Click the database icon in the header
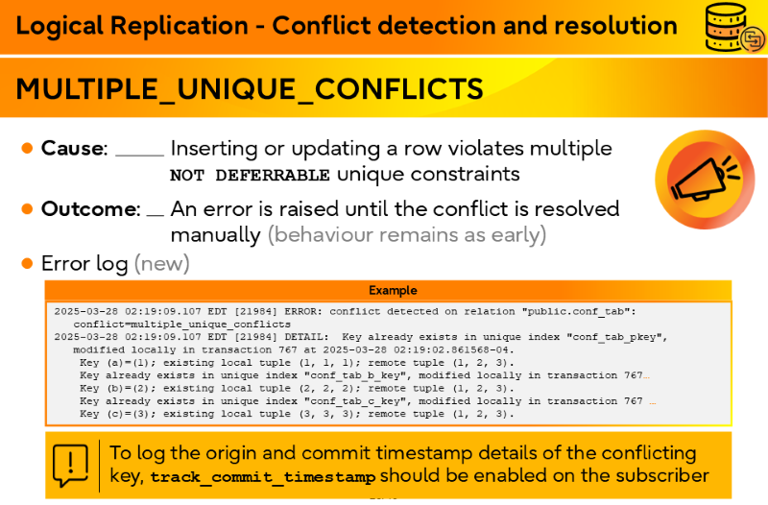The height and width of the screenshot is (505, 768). coord(734,27)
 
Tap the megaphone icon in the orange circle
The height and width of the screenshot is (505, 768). coord(706,179)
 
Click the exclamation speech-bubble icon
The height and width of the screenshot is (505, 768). coord(70,466)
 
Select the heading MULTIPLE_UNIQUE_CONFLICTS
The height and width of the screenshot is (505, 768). coord(250,88)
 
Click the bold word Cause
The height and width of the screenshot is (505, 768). coord(73,148)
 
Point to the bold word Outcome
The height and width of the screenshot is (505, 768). coord(89,209)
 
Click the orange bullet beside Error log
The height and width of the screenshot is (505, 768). coord(28,263)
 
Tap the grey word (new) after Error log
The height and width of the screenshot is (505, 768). coord(162,263)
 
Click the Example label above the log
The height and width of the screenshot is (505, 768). coord(393,291)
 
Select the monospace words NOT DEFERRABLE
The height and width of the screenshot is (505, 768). coord(250,176)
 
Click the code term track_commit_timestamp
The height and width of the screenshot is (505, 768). coord(263,477)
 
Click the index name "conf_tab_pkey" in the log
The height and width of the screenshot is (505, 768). coord(619,337)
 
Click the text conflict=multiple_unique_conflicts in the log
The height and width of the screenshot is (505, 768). coord(181,325)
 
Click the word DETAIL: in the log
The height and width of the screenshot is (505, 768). coord(306,337)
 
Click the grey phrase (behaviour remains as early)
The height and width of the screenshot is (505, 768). coord(407,235)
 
